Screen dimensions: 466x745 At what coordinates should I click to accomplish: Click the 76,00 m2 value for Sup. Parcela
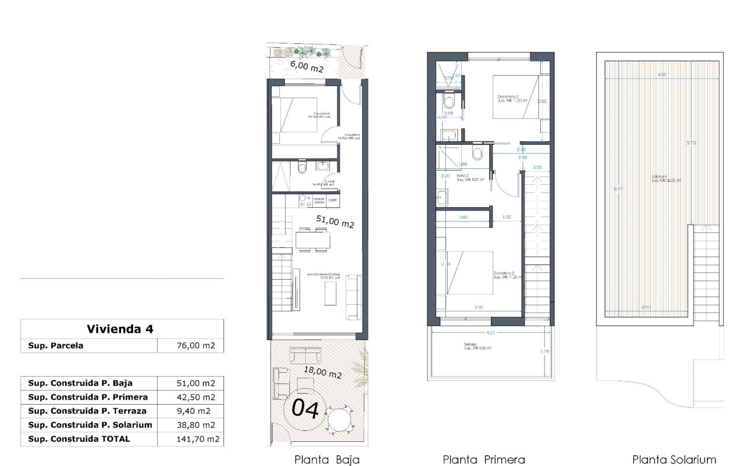[x=191, y=345]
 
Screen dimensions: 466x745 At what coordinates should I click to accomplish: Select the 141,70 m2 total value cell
[x=191, y=439]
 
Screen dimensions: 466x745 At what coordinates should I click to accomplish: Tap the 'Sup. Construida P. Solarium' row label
[x=90, y=425]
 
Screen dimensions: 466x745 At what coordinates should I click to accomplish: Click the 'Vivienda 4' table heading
[x=120, y=329]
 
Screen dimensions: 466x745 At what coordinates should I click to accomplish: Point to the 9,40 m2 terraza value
[x=191, y=411]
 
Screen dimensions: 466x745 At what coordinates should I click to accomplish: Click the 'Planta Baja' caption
[x=327, y=459]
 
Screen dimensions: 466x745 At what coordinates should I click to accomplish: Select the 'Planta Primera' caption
[x=484, y=459]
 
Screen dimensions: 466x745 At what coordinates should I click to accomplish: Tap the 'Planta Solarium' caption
[x=674, y=459]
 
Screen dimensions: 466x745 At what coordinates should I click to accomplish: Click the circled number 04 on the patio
[x=306, y=409]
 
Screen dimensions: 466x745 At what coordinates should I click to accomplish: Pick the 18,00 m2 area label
[x=323, y=373]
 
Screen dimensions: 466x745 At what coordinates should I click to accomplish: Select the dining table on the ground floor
[x=313, y=240]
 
